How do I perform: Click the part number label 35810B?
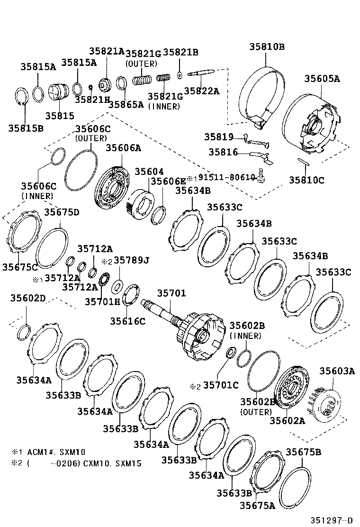pos(267,46)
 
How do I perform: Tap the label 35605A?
pos(322,79)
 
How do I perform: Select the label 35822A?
pos(202,91)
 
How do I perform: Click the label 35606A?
pos(123,148)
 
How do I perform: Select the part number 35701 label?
pos(171,293)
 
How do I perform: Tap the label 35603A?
pos(337,371)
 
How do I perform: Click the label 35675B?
pos(303,452)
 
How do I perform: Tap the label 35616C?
pos(128,321)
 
